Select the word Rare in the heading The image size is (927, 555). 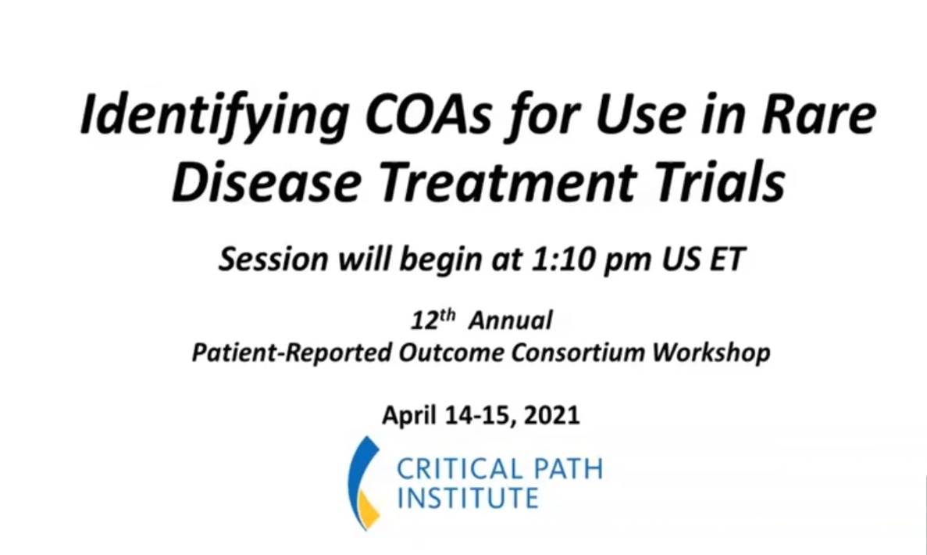click(x=818, y=113)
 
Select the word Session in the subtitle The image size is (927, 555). click(x=273, y=260)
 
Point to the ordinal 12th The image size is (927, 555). click(x=433, y=320)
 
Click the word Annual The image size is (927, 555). click(x=511, y=320)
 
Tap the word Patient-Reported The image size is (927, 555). click(x=291, y=353)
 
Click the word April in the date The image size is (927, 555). click(x=410, y=415)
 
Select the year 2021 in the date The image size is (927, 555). click(x=551, y=415)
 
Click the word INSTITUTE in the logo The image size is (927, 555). click(x=468, y=497)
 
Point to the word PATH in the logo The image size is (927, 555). click(x=568, y=469)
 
